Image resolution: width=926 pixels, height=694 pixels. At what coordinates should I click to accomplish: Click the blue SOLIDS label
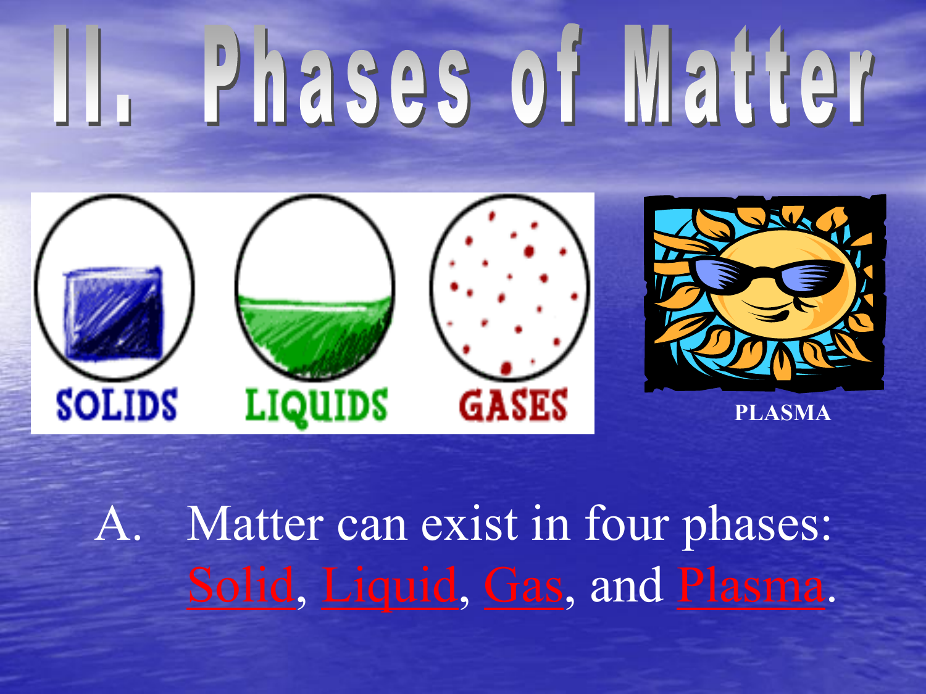[117, 405]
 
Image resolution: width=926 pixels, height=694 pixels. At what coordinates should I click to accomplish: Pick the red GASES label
[513, 405]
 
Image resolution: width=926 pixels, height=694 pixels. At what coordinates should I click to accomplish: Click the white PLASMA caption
[783, 413]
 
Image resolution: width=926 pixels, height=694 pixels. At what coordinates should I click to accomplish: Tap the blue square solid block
[113, 313]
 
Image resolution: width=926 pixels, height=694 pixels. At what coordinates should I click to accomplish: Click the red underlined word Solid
[241, 585]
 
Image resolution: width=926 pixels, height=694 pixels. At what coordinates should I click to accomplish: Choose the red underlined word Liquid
[390, 587]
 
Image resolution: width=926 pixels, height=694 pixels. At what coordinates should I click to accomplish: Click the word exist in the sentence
[469, 523]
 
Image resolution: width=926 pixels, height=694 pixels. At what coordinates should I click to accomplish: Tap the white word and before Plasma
[627, 585]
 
